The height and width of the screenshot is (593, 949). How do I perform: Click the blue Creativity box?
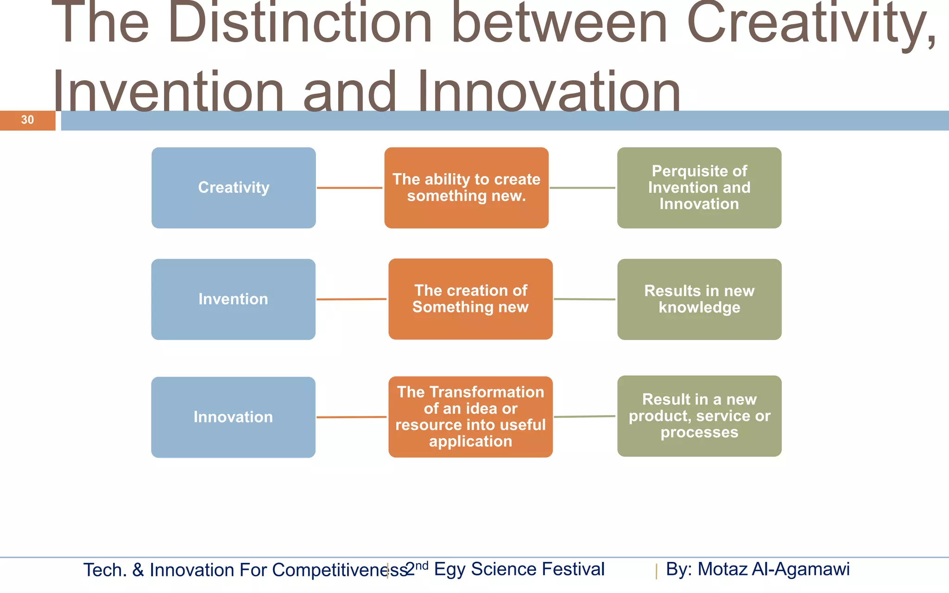234,188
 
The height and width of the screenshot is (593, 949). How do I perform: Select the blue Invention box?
233,299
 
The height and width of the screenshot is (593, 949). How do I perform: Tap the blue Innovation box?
233,417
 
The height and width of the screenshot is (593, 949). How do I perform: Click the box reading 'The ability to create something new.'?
466,188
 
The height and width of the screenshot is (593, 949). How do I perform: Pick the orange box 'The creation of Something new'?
470,299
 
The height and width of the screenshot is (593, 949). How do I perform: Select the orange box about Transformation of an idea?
470,416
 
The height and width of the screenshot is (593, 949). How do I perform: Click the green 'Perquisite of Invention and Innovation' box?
699,188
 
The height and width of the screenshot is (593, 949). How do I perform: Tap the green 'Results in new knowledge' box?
699,299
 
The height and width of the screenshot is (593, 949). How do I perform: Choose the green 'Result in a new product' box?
699,416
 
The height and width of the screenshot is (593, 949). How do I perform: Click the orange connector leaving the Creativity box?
350,188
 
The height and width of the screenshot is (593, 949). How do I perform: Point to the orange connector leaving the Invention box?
351,299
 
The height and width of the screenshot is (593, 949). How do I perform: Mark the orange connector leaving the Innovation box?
351,417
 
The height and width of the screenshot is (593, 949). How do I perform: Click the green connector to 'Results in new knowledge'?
584,299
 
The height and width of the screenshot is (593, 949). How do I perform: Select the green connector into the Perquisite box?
582,188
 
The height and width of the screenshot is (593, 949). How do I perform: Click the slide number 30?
27,120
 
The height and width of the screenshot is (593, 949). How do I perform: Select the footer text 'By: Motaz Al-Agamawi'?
758,569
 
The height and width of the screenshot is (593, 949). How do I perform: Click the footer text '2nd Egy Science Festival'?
505,569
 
